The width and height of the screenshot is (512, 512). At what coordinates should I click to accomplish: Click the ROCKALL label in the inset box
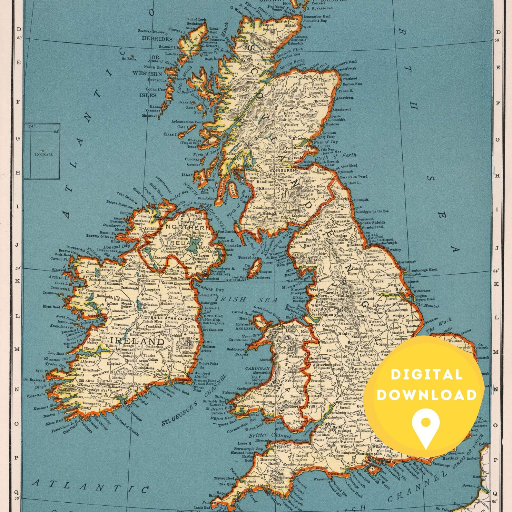44,154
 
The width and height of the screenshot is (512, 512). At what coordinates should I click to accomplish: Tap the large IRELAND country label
137,341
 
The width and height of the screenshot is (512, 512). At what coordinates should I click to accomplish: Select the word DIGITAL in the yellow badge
427,375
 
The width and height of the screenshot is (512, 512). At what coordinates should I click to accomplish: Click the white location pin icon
426,422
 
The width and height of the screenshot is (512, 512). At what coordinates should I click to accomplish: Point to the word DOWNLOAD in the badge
422,395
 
